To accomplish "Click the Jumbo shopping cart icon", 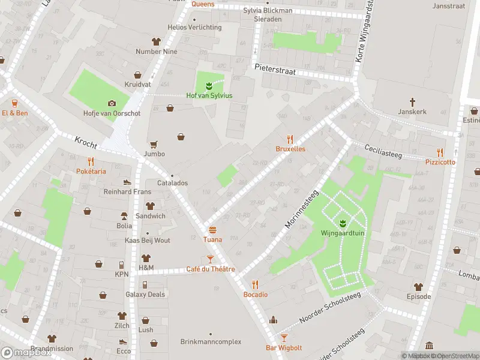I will (154, 144).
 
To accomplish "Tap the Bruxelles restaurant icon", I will (290, 139).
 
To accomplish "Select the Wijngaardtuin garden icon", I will (343, 224).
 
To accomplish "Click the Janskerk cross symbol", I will (412, 102).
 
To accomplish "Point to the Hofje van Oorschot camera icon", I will (112, 103).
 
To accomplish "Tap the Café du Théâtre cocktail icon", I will (210, 259).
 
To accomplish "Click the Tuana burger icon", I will (212, 230).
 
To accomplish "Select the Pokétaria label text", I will (91, 171).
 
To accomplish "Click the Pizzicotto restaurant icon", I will (440, 152).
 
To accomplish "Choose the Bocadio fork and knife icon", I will (255, 284).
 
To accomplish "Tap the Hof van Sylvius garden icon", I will (209, 86).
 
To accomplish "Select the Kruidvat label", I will (137, 85).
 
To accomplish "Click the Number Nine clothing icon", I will (157, 41).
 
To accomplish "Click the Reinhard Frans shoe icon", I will (127, 182).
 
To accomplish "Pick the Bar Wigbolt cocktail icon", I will (284, 338).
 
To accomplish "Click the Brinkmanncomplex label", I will (211, 342).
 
